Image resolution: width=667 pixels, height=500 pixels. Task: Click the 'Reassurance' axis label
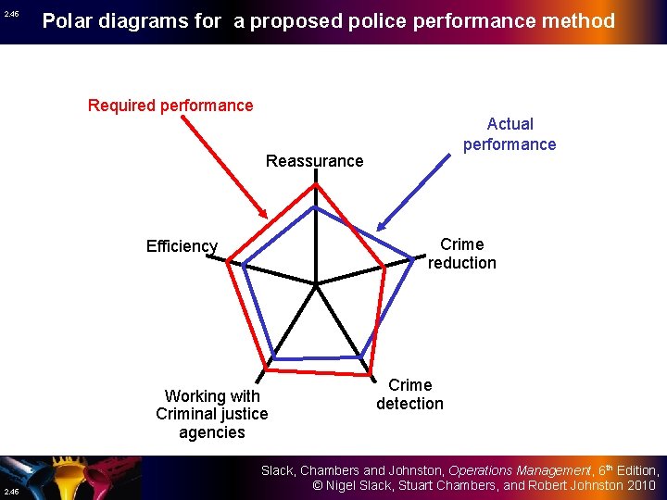[x=314, y=161]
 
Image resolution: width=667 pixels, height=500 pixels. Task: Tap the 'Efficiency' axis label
[x=182, y=246]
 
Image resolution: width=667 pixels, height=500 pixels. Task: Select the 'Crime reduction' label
[x=461, y=254]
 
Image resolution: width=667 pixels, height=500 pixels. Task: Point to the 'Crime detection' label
[x=409, y=394]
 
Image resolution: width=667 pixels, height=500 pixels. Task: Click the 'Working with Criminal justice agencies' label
[x=212, y=414]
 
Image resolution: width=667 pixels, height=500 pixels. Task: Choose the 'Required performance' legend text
[x=170, y=106]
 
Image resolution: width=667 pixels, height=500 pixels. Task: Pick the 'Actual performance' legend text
[x=510, y=134]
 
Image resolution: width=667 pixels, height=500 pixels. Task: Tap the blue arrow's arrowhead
[x=381, y=229]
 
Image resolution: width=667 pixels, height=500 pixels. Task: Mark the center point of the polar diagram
[x=316, y=283]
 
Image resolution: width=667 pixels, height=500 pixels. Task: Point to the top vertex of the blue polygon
[x=316, y=206]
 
